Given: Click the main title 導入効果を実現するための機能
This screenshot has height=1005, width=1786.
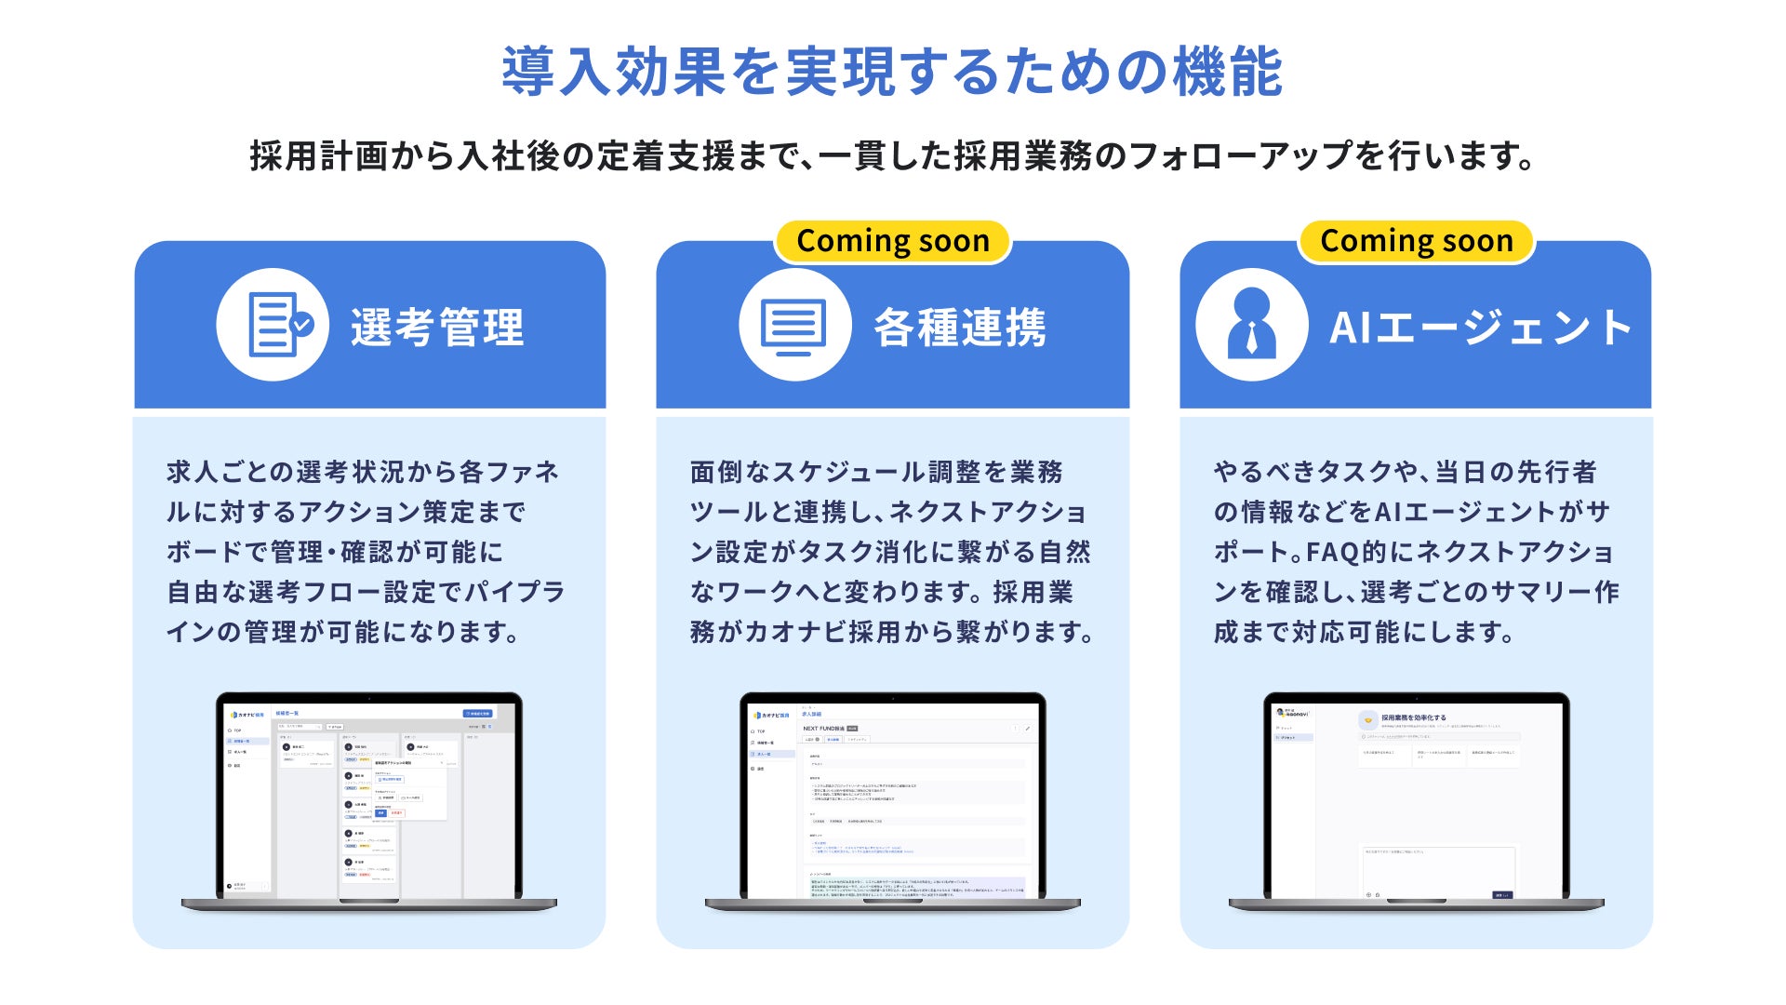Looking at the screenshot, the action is (x=892, y=72).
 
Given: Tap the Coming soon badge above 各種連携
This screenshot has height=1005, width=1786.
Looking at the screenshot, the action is (x=892, y=241).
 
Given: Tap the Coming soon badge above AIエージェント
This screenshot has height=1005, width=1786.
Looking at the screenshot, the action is (x=1416, y=241).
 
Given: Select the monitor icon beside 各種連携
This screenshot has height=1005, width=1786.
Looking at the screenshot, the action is (x=794, y=325).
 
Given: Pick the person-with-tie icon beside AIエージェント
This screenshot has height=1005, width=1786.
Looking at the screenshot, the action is (x=1251, y=325).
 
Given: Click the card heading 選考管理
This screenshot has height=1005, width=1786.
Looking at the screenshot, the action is (x=437, y=328).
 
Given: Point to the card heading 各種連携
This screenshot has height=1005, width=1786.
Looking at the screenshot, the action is (x=960, y=328).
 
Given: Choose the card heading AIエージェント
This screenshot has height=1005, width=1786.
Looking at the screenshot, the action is (x=1481, y=328).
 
